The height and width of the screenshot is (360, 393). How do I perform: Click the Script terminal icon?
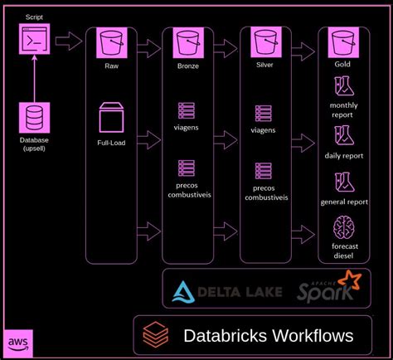click(34, 39)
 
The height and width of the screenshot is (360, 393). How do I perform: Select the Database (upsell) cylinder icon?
click(34, 115)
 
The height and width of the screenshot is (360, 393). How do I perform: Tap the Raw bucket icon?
click(110, 40)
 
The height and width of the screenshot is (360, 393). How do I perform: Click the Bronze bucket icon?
click(187, 40)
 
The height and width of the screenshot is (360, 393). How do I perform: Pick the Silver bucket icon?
click(263, 40)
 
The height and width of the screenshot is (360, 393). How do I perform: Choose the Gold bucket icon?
click(343, 40)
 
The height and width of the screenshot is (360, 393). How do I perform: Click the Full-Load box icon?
click(110, 117)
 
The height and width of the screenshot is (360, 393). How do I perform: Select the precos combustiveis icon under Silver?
click(263, 170)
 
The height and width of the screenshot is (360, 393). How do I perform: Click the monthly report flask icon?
click(343, 86)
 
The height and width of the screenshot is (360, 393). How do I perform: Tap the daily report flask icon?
click(343, 134)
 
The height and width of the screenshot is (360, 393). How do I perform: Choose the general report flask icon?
click(343, 182)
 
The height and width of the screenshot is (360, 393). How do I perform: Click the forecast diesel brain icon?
click(343, 229)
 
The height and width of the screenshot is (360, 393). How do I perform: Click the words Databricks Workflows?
click(267, 335)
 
